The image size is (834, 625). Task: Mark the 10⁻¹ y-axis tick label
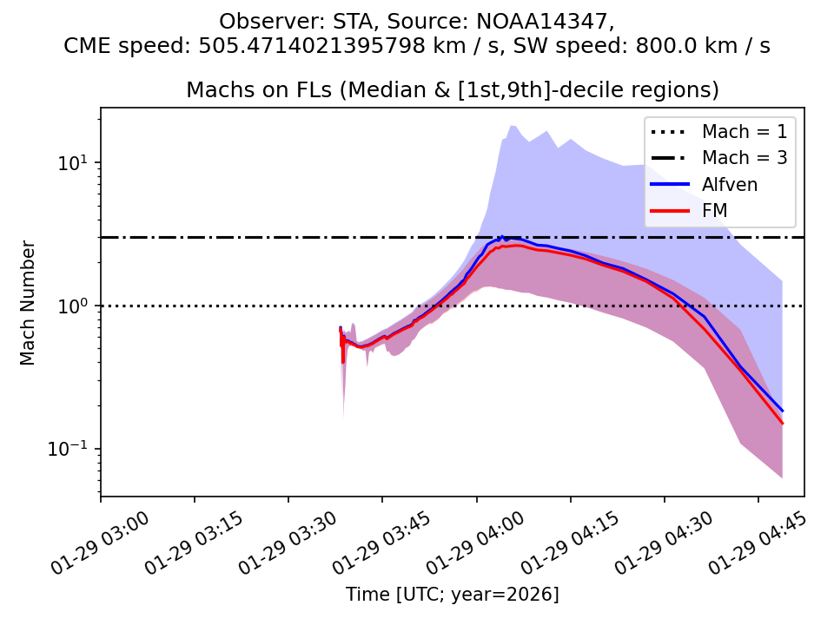(x=76, y=449)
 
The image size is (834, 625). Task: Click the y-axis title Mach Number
(x=29, y=302)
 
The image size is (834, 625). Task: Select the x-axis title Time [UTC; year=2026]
(x=452, y=595)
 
